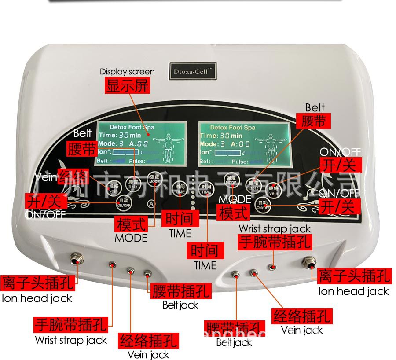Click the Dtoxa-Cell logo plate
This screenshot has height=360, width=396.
point(193,71)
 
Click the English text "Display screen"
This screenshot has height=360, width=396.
point(127,71)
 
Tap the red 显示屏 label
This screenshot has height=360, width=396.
point(127,85)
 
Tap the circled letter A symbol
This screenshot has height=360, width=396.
point(151,204)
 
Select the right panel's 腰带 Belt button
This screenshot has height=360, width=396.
point(254,184)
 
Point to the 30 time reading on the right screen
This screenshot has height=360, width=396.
point(224,136)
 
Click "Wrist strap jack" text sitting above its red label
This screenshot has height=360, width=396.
point(275,229)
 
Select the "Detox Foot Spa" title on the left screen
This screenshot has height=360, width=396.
point(132,127)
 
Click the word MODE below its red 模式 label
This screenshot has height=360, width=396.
point(131,238)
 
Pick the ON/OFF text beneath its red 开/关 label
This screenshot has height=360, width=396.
point(45,214)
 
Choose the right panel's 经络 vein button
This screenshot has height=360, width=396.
point(274,190)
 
